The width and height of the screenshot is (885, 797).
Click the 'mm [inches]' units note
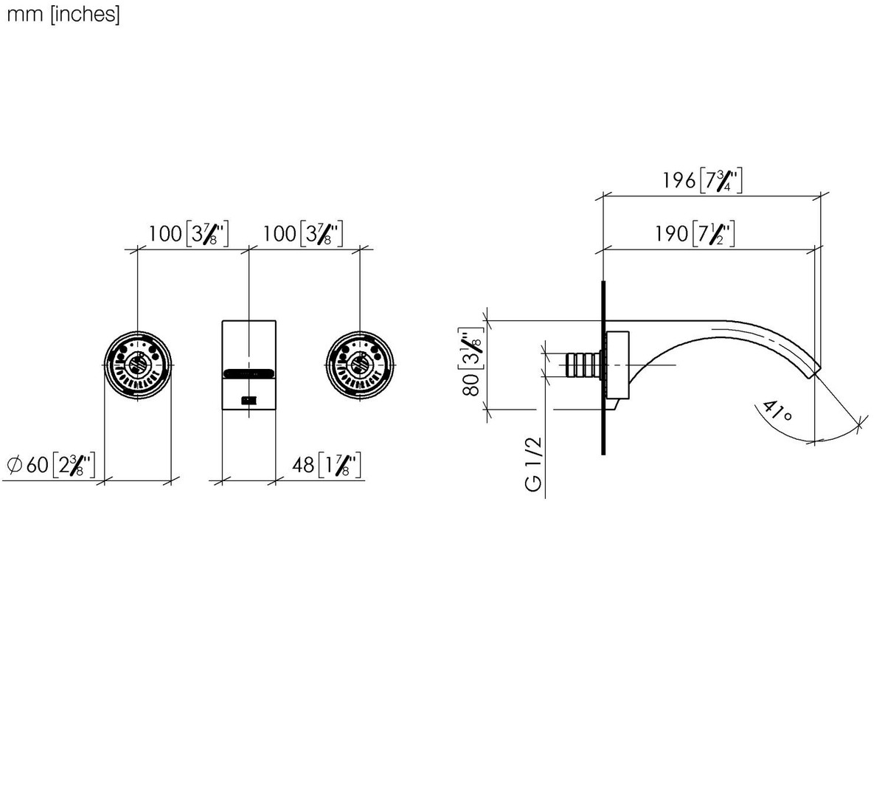(x=63, y=15)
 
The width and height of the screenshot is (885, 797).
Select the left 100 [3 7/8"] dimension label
(x=188, y=233)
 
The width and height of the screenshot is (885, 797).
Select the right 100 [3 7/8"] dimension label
(x=302, y=233)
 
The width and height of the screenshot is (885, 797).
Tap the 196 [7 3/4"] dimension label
(x=702, y=180)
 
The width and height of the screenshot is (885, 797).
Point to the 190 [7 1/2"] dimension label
(x=695, y=233)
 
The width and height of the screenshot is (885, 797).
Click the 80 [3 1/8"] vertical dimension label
(x=471, y=362)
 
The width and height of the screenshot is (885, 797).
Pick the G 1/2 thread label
(x=533, y=464)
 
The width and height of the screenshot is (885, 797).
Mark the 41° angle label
(x=776, y=412)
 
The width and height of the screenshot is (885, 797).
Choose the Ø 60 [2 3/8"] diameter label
(x=51, y=464)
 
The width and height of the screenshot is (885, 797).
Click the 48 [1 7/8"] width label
(x=327, y=464)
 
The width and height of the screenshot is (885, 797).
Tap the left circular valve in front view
(x=138, y=365)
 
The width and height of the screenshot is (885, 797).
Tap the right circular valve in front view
(x=360, y=365)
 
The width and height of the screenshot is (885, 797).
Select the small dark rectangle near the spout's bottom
(x=249, y=400)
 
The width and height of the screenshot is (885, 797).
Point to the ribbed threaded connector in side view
(x=582, y=365)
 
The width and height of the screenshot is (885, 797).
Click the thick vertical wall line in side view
(x=603, y=368)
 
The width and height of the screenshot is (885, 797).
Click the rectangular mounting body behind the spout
(x=617, y=365)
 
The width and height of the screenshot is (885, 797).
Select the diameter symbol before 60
(x=15, y=464)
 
